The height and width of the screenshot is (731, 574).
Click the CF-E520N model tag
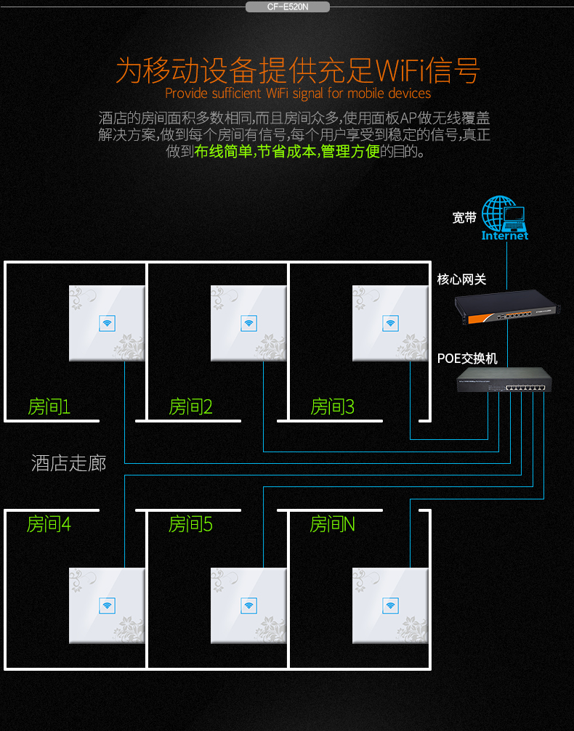(288, 7)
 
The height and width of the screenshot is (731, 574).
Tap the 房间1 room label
(49, 407)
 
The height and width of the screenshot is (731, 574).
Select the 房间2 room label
(190, 407)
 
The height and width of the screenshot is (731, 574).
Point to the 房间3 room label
(332, 407)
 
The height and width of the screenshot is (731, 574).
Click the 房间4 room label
(49, 524)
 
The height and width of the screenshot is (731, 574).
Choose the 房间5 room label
(190, 524)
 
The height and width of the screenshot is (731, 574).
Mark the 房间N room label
(332, 524)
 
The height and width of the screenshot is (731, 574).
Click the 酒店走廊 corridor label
(68, 463)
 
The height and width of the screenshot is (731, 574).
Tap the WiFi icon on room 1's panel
(108, 323)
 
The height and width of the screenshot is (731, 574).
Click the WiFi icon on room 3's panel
(390, 323)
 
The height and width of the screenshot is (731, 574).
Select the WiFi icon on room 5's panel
(248, 605)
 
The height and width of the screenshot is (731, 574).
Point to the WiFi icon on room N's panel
(390, 605)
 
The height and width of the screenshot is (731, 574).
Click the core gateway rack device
(506, 307)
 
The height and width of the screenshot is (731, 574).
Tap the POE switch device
(504, 380)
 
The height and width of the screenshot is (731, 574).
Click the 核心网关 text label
(461, 279)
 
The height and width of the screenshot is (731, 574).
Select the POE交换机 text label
(467, 359)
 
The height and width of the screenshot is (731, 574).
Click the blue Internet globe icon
(504, 218)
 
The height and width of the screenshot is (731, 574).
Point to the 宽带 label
(464, 218)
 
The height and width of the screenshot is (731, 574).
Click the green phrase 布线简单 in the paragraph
(223, 151)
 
